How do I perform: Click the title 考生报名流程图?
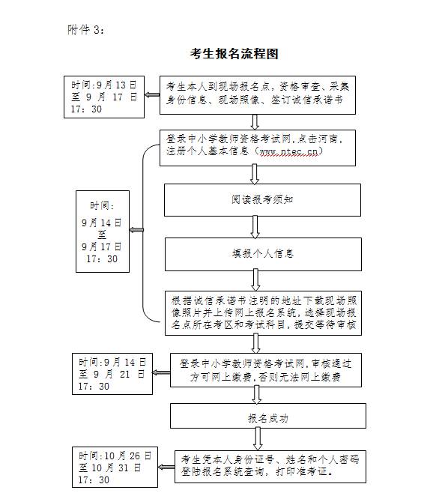click(x=234, y=54)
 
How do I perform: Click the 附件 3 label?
click(x=85, y=30)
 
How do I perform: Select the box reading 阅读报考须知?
click(x=262, y=200)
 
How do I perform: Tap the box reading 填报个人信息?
click(x=263, y=254)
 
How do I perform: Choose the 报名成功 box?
click(x=268, y=416)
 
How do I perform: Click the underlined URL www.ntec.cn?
click(x=288, y=152)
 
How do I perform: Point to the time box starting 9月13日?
click(x=104, y=97)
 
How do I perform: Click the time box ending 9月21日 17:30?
click(x=112, y=374)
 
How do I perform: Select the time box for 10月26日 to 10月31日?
click(x=115, y=467)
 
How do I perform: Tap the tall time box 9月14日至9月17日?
click(x=103, y=232)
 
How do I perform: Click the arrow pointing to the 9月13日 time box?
click(x=152, y=94)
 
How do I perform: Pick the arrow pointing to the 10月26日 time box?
click(x=166, y=467)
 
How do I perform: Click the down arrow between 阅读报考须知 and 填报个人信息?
click(x=255, y=227)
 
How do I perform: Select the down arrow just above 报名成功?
click(x=256, y=395)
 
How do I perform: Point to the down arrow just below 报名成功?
click(x=258, y=439)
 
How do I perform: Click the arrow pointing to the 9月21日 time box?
click(x=161, y=372)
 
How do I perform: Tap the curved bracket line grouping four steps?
click(x=142, y=233)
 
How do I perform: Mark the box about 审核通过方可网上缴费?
click(x=266, y=370)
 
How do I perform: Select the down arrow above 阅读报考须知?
click(x=254, y=175)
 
